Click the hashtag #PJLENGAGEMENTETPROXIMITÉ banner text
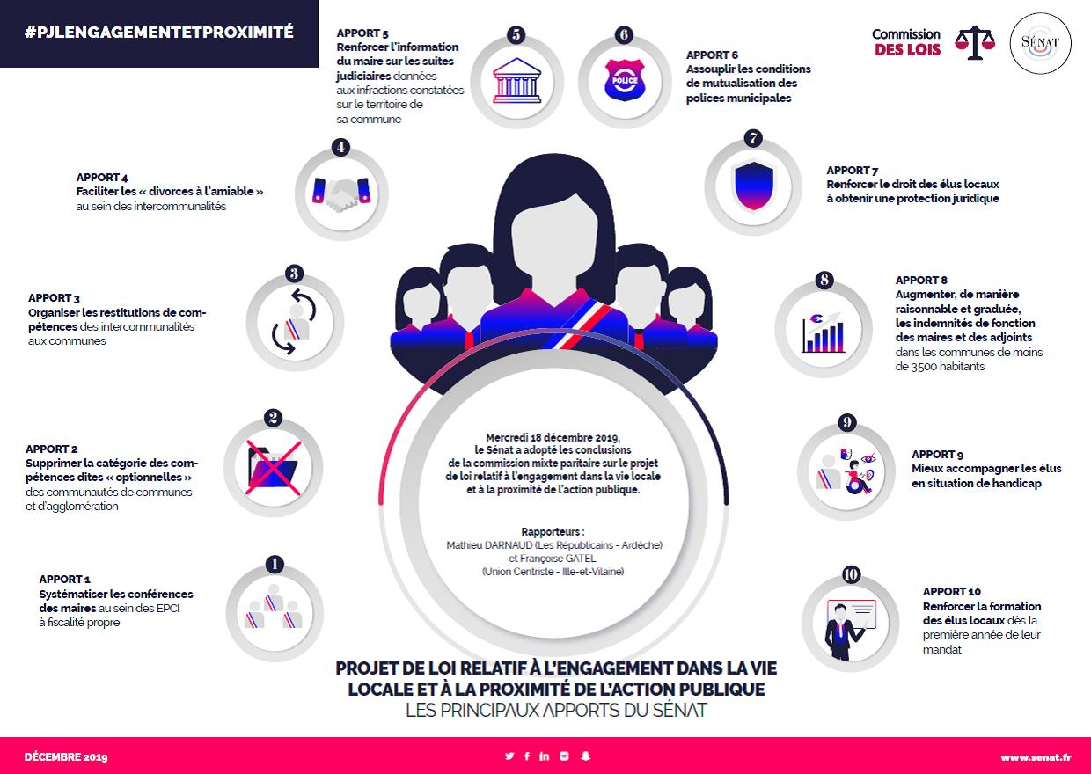click(x=158, y=33)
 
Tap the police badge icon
click(x=625, y=80)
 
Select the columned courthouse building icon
click(x=516, y=81)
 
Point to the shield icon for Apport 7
click(x=753, y=186)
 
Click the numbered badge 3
click(x=294, y=273)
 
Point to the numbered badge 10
click(x=851, y=574)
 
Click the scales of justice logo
click(x=975, y=43)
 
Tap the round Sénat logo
click(x=1040, y=43)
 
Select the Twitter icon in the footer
click(x=509, y=756)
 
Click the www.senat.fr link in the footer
click(x=1036, y=757)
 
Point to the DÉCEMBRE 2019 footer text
click(x=66, y=757)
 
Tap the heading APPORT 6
click(x=712, y=55)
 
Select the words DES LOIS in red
click(x=907, y=50)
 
